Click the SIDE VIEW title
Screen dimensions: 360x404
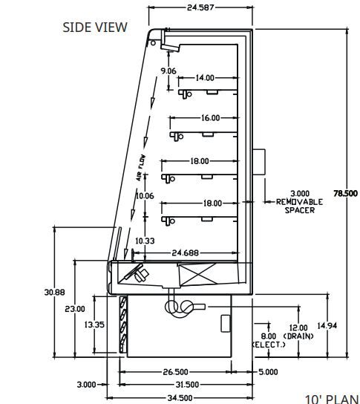point(95,27)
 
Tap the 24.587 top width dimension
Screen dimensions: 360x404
point(200,7)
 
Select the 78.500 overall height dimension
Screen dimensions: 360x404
point(346,193)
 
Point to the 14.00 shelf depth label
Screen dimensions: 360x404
point(205,77)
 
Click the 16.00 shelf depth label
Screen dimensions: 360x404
point(210,118)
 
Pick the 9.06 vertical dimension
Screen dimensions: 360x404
point(168,71)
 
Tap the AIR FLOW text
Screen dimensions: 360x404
point(141,168)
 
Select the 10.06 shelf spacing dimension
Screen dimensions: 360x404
point(145,196)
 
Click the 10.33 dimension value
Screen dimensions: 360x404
point(145,241)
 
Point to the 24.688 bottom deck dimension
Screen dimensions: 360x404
point(185,253)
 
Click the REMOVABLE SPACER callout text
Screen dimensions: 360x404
point(299,206)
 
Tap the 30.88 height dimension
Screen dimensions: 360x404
point(55,292)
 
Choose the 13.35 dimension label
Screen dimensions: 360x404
point(94,325)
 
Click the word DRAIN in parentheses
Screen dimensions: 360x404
point(298,336)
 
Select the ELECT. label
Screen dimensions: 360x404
point(269,345)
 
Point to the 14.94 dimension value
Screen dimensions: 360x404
point(327,326)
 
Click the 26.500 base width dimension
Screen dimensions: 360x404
point(175,372)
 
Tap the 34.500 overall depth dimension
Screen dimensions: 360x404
point(180,398)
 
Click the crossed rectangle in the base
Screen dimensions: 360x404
point(197,274)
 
